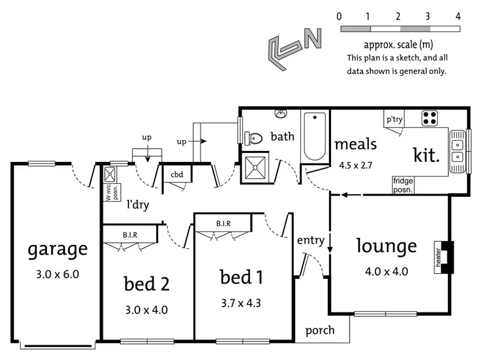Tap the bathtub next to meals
coord(314,136)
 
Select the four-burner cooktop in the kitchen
coord(429,118)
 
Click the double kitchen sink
coord(458,151)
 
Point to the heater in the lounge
coord(444,257)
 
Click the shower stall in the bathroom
coord(255,167)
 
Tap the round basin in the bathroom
coord(281,113)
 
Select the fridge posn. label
coord(403,185)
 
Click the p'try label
coord(395,119)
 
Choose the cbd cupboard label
coord(177,175)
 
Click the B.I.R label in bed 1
coord(223,224)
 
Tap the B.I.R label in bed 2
coord(130,235)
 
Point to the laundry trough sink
coord(110,175)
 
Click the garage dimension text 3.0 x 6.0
coord(57,274)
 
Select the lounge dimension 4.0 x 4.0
coord(386,271)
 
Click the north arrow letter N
coord(313,39)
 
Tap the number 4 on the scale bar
coord(458,16)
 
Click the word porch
coord(320,330)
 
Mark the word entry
coord(311,240)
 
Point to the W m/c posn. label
coord(112,193)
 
